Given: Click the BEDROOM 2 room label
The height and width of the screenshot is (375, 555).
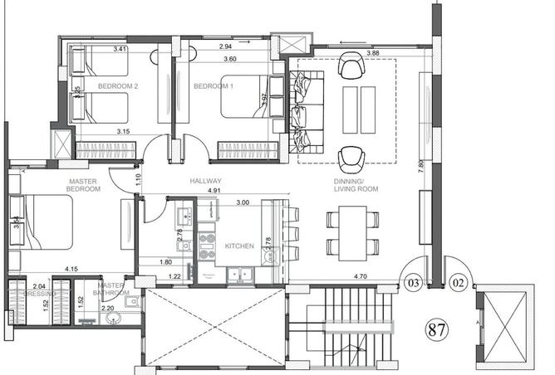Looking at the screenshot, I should coord(117,86).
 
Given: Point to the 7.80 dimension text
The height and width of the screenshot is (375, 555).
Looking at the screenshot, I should coord(421,165).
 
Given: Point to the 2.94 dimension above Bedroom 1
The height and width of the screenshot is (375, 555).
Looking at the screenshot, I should coord(224,48).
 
